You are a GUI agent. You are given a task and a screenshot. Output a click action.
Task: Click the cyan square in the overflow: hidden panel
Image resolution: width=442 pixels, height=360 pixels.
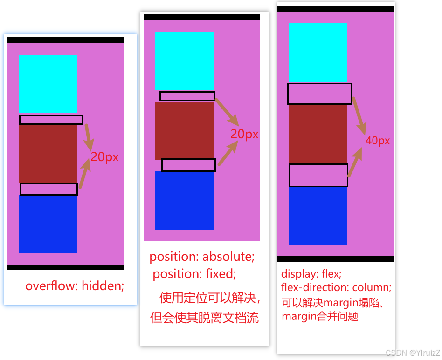(48, 84)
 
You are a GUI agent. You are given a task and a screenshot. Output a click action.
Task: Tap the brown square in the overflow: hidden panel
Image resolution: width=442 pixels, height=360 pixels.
(48, 154)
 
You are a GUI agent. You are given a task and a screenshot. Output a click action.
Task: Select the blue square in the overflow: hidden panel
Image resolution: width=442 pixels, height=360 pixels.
(48, 224)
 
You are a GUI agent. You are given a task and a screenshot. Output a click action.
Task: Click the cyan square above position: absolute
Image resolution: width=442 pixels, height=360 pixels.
(184, 61)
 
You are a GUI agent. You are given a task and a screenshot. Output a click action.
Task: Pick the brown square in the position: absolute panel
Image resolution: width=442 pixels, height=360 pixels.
(184, 130)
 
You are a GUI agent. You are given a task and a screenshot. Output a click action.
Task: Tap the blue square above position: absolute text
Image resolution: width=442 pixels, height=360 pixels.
(184, 200)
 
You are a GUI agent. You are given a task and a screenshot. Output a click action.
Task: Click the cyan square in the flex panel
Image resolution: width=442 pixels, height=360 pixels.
(318, 52)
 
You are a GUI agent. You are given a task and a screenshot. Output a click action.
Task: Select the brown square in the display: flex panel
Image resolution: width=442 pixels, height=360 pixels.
(318, 134)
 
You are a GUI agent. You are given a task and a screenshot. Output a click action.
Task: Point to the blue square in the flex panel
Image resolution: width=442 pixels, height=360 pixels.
(318, 215)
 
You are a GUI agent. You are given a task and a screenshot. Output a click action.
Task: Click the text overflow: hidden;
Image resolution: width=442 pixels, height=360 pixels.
(75, 286)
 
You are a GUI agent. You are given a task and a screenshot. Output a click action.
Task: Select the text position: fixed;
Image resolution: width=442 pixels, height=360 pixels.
(194, 273)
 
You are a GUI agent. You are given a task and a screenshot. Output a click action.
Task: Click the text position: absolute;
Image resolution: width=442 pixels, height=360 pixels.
(202, 257)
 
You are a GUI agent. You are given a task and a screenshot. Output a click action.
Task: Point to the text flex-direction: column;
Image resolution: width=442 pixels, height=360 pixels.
(336, 287)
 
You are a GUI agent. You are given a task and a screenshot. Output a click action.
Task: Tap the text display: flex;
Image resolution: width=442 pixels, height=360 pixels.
(311, 273)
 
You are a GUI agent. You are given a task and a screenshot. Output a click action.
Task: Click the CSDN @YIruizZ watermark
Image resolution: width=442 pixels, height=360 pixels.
(413, 353)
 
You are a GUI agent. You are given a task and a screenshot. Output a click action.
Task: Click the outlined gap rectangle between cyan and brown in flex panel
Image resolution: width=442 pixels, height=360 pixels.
(320, 94)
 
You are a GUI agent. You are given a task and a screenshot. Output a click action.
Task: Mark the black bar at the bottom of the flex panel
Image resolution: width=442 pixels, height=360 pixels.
(336, 259)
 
